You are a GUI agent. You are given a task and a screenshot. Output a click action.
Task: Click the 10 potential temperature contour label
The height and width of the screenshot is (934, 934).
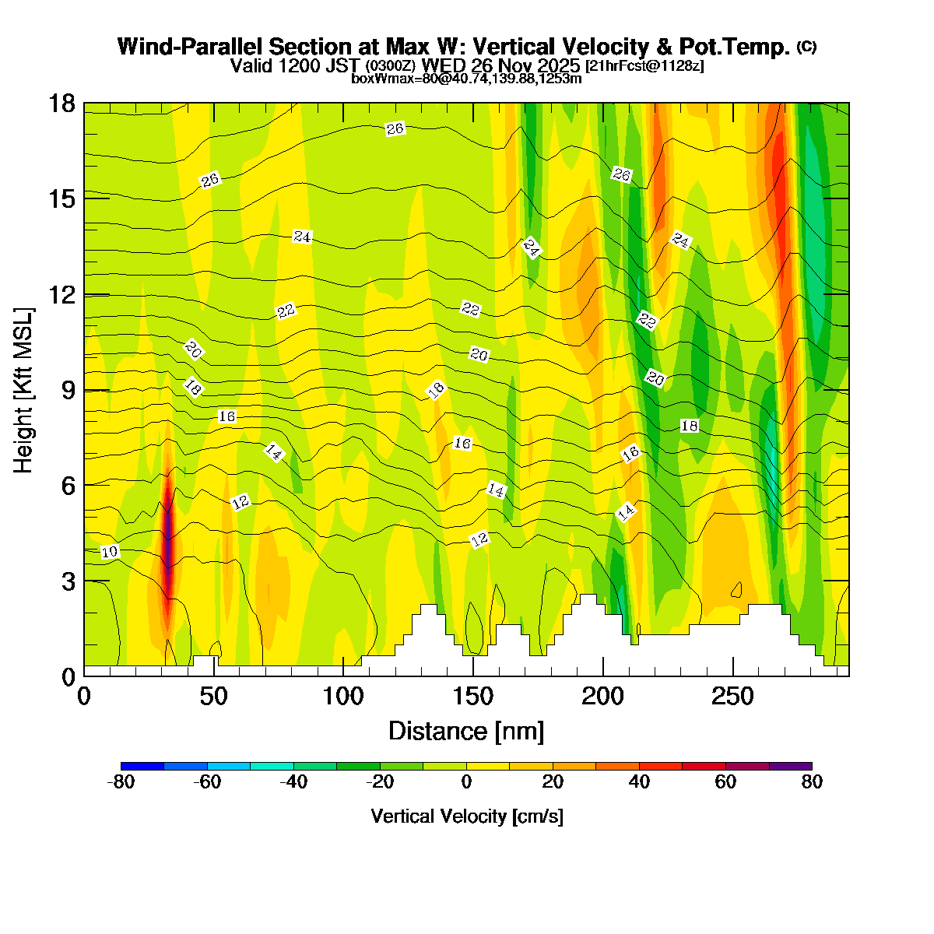110,552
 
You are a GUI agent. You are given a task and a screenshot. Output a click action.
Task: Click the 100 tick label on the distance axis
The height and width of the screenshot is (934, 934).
343,697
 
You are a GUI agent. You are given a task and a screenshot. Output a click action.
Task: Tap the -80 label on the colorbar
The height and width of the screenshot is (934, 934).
121,782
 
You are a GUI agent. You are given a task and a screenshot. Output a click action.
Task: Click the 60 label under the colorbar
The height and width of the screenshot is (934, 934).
725,782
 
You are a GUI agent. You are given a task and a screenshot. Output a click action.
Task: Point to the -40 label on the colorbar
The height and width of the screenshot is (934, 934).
293,782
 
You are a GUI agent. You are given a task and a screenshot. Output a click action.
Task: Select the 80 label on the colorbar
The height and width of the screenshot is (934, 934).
812,782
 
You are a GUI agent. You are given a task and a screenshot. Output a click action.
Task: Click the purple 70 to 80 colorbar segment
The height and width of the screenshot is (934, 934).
790,766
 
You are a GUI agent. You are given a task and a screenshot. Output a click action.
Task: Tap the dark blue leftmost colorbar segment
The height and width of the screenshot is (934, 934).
142,766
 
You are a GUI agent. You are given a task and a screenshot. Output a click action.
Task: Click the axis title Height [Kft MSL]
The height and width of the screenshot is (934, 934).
24,390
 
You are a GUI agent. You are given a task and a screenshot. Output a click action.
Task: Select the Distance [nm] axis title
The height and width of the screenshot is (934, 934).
466,731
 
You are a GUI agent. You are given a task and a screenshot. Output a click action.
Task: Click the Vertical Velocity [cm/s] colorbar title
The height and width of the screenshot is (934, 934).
467,816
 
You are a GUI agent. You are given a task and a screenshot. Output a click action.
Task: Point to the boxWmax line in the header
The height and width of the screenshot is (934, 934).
466,79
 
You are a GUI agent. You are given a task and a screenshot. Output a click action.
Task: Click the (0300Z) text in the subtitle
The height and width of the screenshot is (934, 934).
392,66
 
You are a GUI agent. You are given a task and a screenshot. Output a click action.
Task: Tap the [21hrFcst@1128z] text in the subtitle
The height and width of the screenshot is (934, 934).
644,66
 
